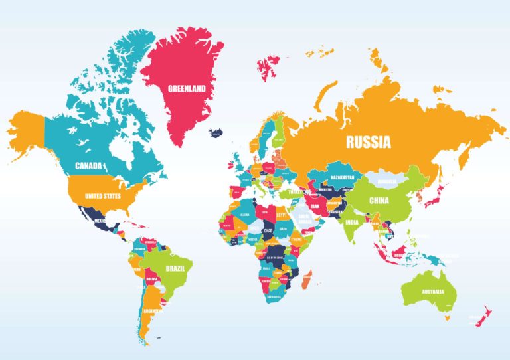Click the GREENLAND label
point(186,88)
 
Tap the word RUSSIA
point(367,141)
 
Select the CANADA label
point(88,165)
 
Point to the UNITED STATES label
point(103,196)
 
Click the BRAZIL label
point(175,268)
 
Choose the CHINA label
point(379,201)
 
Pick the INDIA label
point(352,223)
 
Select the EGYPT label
point(283,215)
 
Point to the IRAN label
point(315,207)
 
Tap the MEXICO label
point(100,220)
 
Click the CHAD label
point(268,230)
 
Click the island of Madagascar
point(305,280)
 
